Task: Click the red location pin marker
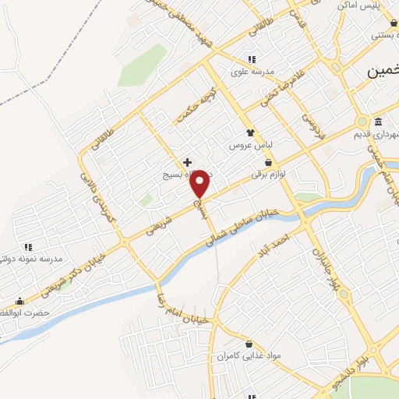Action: (x=200, y=182)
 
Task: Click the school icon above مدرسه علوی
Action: (x=251, y=59)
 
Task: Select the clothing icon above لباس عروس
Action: (x=250, y=133)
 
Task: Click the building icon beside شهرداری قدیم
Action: (x=378, y=122)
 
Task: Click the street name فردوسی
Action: (x=312, y=120)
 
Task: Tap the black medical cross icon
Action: (x=187, y=161)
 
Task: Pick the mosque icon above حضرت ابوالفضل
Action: (x=20, y=302)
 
